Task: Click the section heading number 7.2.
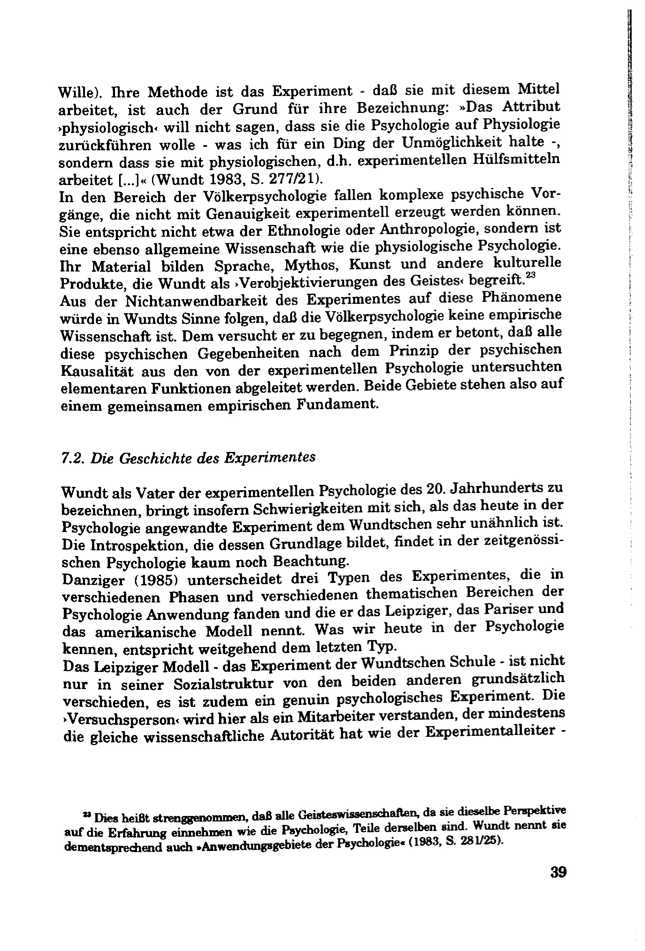(x=72, y=458)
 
